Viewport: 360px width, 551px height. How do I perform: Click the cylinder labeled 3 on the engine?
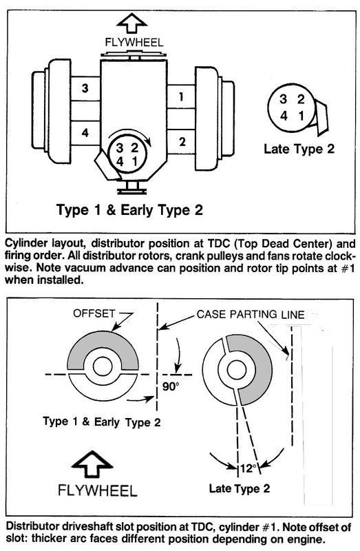[85, 90]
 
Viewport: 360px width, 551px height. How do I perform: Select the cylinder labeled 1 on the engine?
[180, 98]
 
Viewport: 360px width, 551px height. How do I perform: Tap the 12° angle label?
[246, 468]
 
